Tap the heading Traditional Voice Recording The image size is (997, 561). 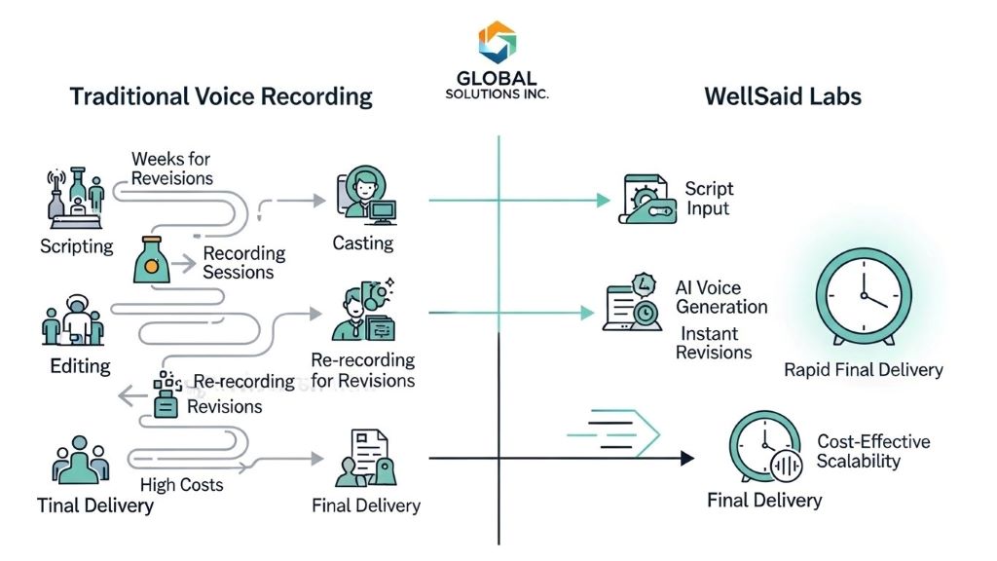point(221,95)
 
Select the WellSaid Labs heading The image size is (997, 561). point(783,95)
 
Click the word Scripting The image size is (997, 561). point(77,246)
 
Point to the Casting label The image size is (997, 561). point(363,243)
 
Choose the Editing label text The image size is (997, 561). point(80,366)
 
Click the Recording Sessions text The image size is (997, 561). point(243,263)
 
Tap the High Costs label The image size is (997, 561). point(181,484)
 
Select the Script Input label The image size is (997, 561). point(708,198)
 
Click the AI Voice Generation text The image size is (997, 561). point(720,297)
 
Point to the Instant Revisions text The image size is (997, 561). point(715,342)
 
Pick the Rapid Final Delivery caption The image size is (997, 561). point(863,370)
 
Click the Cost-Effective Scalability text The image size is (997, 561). point(872,451)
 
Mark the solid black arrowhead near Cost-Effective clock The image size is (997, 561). point(688,457)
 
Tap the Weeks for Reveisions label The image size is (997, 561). point(171,168)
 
